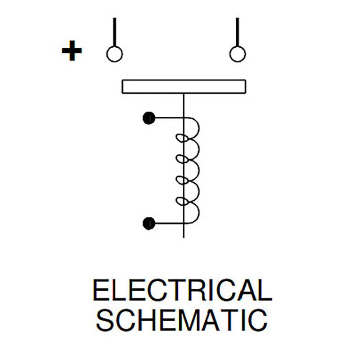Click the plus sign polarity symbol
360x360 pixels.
click(x=72, y=51)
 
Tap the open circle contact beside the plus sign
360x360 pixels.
click(x=115, y=54)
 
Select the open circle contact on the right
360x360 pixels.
click(x=238, y=54)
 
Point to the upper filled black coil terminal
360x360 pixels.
click(x=149, y=118)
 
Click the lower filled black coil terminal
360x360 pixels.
click(x=149, y=223)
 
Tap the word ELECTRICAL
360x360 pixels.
click(x=183, y=290)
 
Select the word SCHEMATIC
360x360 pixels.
click(x=182, y=320)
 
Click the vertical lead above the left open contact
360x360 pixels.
click(x=115, y=32)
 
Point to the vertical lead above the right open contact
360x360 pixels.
click(x=238, y=32)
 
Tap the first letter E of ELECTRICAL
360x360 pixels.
click(x=100, y=290)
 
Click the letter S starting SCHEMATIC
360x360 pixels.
click(x=105, y=320)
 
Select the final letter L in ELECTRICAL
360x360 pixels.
click(x=265, y=290)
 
